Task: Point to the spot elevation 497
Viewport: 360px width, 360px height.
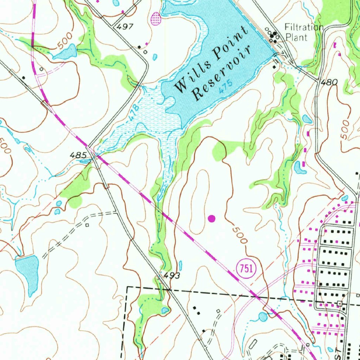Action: [x=123, y=27]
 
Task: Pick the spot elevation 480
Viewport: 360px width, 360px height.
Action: [x=329, y=83]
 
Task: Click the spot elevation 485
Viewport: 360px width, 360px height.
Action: [x=77, y=155]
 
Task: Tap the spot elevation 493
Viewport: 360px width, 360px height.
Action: [x=172, y=276]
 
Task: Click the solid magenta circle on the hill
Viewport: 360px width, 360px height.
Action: [x=211, y=219]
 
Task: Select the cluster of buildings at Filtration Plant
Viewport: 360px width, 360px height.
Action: [x=273, y=35]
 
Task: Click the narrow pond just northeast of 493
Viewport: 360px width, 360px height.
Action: [x=181, y=265]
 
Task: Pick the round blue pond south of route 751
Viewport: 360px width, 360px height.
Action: [x=263, y=316]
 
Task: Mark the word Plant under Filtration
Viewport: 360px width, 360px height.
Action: [x=296, y=37]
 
